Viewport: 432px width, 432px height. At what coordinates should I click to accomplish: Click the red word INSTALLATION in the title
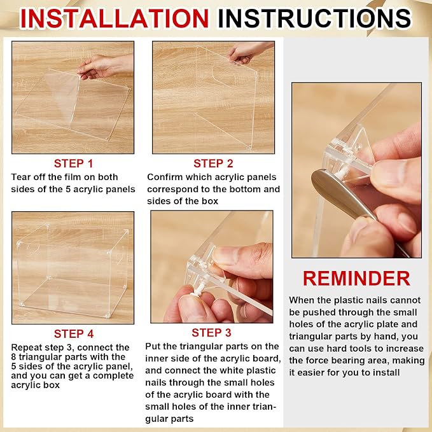[115, 18]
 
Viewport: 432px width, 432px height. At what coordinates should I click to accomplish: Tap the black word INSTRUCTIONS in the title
[314, 18]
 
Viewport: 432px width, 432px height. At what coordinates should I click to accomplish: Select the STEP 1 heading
[73, 164]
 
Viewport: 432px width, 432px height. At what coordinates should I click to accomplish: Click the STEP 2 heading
[213, 164]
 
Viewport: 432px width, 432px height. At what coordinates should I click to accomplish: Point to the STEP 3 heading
[211, 333]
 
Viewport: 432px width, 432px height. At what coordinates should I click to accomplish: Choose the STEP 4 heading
[74, 333]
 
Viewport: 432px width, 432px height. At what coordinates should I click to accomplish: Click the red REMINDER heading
[356, 278]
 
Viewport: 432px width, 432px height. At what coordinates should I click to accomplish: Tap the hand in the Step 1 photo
[105, 66]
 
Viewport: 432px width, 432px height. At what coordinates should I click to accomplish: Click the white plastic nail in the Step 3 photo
[199, 289]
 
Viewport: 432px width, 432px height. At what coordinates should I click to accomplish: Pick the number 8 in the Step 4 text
[13, 357]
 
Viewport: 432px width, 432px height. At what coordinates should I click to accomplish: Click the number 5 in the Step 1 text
[68, 189]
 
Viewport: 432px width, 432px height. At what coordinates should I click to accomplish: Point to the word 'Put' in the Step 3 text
[153, 346]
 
